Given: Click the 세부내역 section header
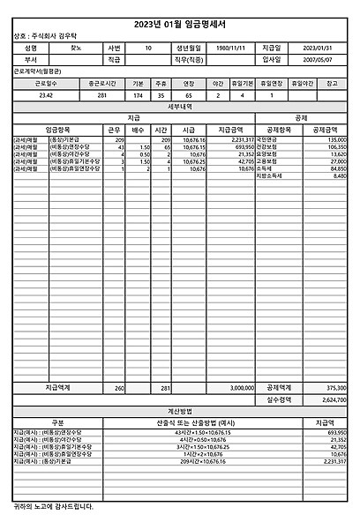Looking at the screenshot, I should (180, 105).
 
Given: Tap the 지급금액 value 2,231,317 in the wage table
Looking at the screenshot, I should (243, 139).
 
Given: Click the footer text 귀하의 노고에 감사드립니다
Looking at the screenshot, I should (52, 506).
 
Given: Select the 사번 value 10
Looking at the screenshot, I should (147, 48).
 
